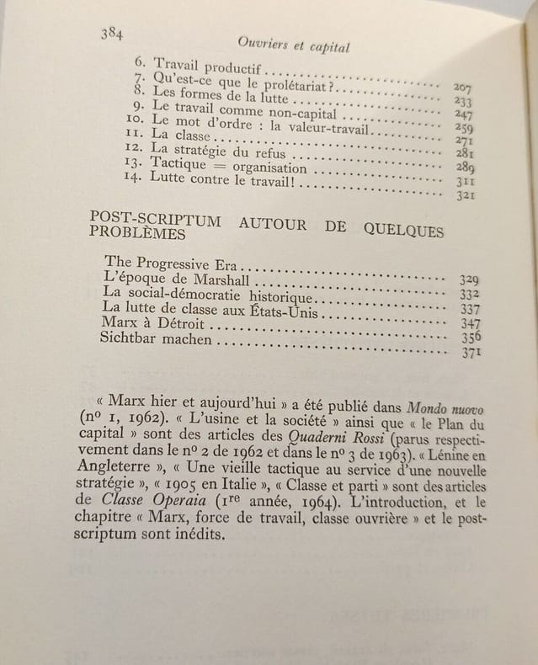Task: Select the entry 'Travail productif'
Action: click(199, 65)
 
